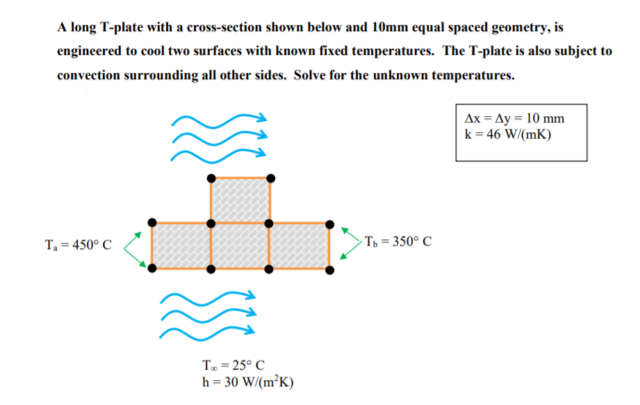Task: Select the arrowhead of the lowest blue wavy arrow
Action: pos(251,329)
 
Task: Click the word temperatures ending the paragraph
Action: pos(473,75)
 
